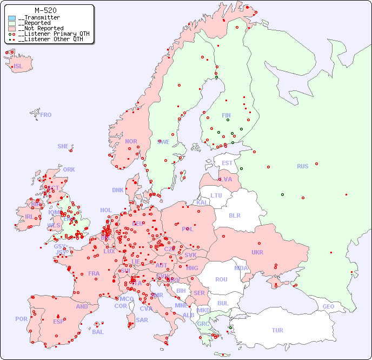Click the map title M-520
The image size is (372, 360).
tap(46, 10)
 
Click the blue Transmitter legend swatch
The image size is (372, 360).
tap(12, 18)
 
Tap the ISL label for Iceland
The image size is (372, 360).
tap(18, 67)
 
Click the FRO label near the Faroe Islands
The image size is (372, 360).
tap(46, 115)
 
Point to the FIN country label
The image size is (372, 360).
tap(226, 115)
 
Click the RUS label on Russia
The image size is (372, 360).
tap(302, 166)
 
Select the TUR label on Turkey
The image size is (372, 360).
tap(277, 330)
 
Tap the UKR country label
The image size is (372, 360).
tap(257, 252)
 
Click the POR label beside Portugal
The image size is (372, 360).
tap(21, 319)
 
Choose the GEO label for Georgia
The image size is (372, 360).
tap(328, 306)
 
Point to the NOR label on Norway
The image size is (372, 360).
tap(131, 141)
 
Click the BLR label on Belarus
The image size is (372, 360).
tap(234, 215)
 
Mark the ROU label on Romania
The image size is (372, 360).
tap(221, 279)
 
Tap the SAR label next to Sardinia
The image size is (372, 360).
tap(142, 320)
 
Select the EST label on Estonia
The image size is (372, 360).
tap(227, 163)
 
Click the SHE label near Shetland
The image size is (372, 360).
tap(63, 146)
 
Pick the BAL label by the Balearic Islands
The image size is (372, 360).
tap(98, 332)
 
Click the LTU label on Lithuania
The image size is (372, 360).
tap(216, 195)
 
